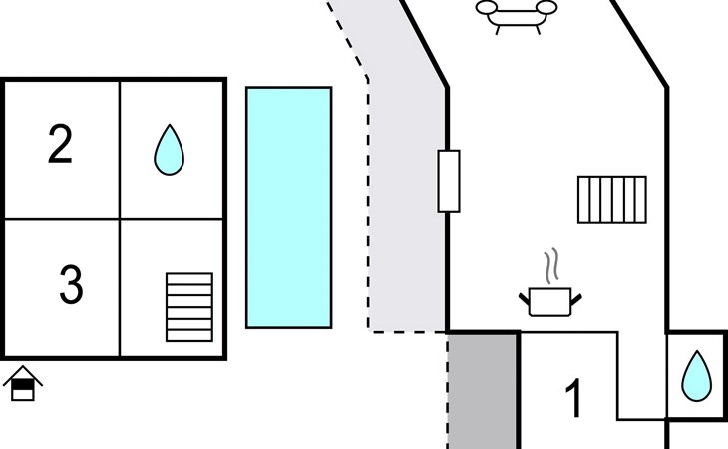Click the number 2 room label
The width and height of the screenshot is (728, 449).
61,146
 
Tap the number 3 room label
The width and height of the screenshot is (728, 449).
70,286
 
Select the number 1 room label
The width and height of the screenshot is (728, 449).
573,399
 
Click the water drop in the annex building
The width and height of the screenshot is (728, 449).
170,150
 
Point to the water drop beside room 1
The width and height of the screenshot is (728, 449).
696,376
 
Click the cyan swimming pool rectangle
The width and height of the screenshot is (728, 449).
289,207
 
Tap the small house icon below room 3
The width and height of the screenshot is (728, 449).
22,384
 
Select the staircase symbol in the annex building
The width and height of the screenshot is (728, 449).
189,307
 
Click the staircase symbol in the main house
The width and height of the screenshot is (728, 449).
611,199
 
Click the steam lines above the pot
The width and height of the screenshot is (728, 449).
550,267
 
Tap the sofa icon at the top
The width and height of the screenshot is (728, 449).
516,13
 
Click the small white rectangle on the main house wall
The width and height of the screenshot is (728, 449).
449,181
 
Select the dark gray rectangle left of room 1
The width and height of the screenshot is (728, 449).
483,391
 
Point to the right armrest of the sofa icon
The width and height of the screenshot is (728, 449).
546,9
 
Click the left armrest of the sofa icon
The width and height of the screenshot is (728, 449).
486,9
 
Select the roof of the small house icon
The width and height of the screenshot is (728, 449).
22,375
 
